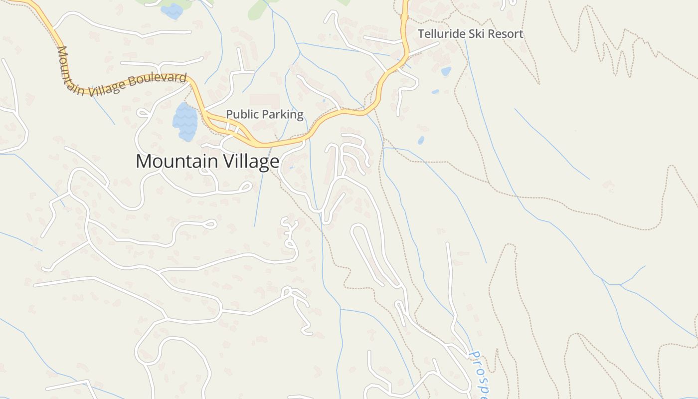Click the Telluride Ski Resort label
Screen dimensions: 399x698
470,34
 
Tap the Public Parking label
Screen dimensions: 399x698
264,114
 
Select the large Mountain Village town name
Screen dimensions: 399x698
207,162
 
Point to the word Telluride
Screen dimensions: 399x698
439,34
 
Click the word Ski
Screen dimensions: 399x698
473,34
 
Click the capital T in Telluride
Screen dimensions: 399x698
421,34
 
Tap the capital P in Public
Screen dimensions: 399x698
229,114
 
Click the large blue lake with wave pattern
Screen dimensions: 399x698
185,122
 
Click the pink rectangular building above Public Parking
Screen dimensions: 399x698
264,100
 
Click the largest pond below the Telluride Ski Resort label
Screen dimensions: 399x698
446,71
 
